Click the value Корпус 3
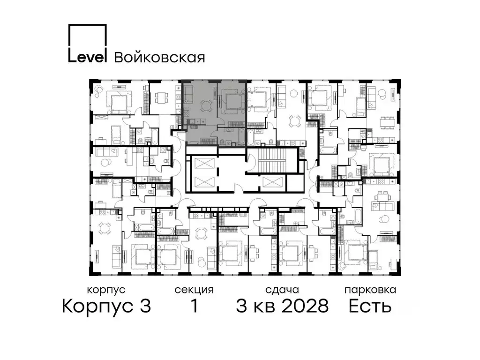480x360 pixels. click(x=106, y=307)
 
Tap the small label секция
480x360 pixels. click(x=194, y=290)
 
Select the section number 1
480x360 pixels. click(x=193, y=307)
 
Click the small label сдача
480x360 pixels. click(x=281, y=290)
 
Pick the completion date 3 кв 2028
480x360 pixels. click(x=282, y=307)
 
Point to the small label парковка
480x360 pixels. click(x=370, y=290)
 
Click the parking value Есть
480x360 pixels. click(x=370, y=307)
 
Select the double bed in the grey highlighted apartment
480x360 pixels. click(x=233, y=101)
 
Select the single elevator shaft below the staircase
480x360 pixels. click(x=271, y=182)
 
